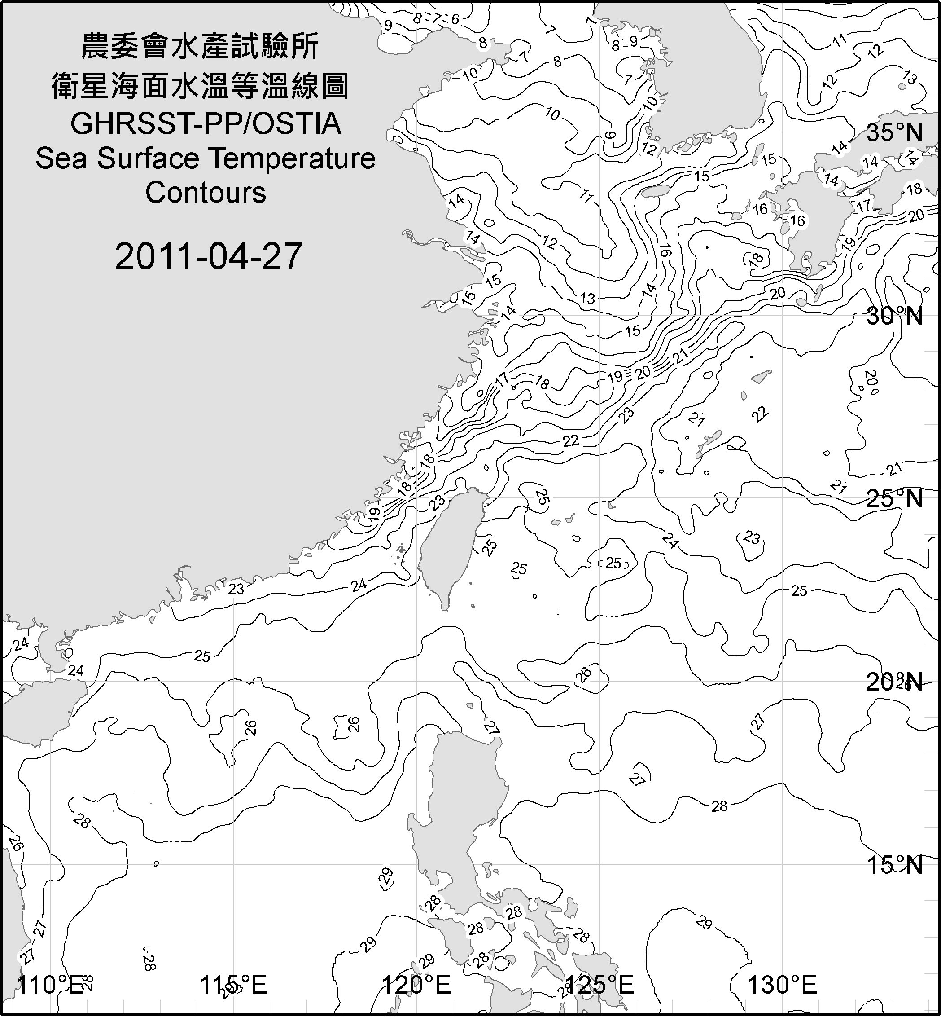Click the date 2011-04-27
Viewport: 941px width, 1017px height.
(x=208, y=256)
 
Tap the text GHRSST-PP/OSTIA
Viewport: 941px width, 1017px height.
(x=206, y=124)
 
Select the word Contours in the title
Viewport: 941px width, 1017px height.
(x=206, y=193)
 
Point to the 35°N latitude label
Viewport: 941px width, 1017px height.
(x=894, y=133)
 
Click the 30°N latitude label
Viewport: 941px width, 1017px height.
(x=894, y=317)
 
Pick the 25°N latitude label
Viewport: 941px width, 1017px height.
(x=894, y=498)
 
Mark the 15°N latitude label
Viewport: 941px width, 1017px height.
(x=894, y=865)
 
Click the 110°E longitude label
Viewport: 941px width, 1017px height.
(x=50, y=984)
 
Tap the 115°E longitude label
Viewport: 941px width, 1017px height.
(x=233, y=984)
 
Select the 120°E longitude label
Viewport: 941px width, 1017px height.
(x=416, y=984)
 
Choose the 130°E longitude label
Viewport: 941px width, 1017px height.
(x=782, y=984)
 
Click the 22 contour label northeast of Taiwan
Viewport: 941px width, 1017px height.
(x=571, y=440)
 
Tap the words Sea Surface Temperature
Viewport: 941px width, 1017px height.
(x=206, y=158)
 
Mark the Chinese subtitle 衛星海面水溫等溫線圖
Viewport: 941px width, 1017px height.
(x=200, y=86)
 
